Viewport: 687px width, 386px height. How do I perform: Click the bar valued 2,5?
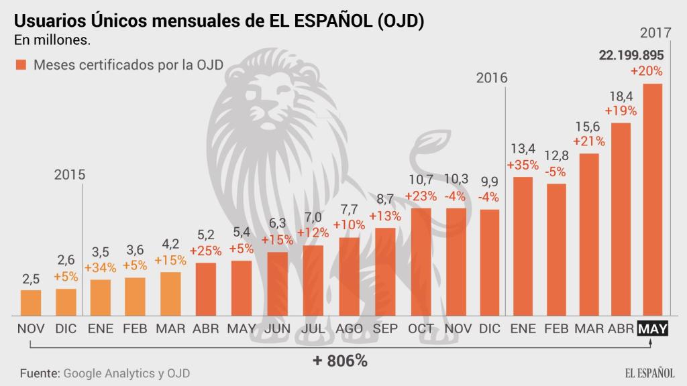[x=30, y=303]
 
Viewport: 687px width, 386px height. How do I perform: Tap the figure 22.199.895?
[x=631, y=56]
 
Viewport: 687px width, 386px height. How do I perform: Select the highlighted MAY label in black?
[x=651, y=329]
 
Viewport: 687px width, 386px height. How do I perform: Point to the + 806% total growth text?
[x=340, y=361]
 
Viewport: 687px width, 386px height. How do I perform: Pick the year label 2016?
[x=492, y=78]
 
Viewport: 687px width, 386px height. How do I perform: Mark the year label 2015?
[x=70, y=175]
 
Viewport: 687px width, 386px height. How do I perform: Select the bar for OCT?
[x=421, y=262]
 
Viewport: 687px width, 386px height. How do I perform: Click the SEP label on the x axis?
[x=384, y=329]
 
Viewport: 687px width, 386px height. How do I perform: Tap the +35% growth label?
[x=523, y=165]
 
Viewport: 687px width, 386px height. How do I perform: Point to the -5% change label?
[x=557, y=171]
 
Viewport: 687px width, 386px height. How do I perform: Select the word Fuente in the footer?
[x=38, y=373]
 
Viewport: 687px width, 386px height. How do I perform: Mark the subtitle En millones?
[x=52, y=40]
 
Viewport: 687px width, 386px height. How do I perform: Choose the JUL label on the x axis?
[x=313, y=329]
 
